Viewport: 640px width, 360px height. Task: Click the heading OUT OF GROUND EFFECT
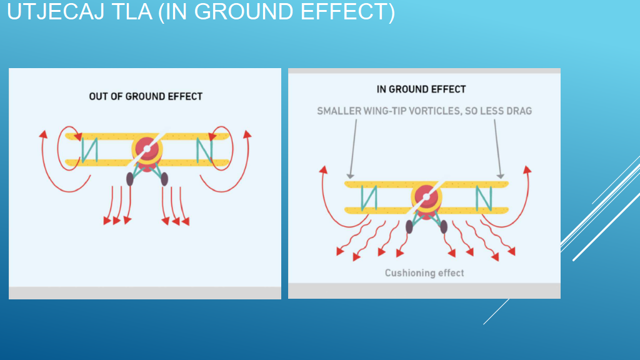pos(146,96)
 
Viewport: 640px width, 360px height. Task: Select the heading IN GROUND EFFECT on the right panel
pos(421,89)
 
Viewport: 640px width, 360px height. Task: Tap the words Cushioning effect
pos(424,272)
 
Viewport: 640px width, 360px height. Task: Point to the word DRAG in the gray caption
pos(519,111)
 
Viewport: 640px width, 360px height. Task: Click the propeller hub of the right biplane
pos(426,197)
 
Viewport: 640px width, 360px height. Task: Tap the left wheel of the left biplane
pos(130,179)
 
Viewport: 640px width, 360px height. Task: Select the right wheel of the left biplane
pos(164,179)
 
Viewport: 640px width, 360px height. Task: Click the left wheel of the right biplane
pos(409,226)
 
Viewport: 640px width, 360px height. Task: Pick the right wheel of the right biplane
pos(444,226)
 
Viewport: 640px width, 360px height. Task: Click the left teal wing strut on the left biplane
pos(90,150)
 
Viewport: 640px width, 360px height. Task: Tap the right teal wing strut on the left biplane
pos(204,150)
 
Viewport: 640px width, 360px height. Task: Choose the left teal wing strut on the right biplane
pos(369,198)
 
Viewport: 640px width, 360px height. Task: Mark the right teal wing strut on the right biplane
pos(484,198)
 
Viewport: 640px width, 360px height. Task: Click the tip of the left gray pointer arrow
pos(349,179)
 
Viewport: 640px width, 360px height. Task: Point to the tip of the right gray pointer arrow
pos(501,179)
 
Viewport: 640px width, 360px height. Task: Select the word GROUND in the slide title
pos(244,11)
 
